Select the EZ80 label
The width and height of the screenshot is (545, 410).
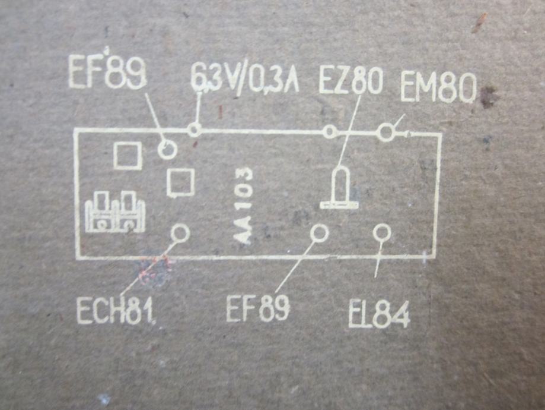pos(350,81)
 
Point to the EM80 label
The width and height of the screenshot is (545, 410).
pos(438,88)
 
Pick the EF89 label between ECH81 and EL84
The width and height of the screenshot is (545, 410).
pos(258,308)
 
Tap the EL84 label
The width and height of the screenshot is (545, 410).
pos(379,316)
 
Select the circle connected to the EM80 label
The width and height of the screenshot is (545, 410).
pos(386,132)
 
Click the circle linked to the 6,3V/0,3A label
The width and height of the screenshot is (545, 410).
pos(194,130)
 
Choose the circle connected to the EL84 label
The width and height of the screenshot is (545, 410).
pos(382,232)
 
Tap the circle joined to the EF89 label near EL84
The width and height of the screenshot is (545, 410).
pos(320,233)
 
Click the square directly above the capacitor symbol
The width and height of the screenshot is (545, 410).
pos(128,156)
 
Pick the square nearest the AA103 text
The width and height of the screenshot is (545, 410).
pos(180,182)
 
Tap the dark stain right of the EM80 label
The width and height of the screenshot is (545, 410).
pos(488,97)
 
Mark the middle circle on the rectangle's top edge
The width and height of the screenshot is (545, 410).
pos(330,132)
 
